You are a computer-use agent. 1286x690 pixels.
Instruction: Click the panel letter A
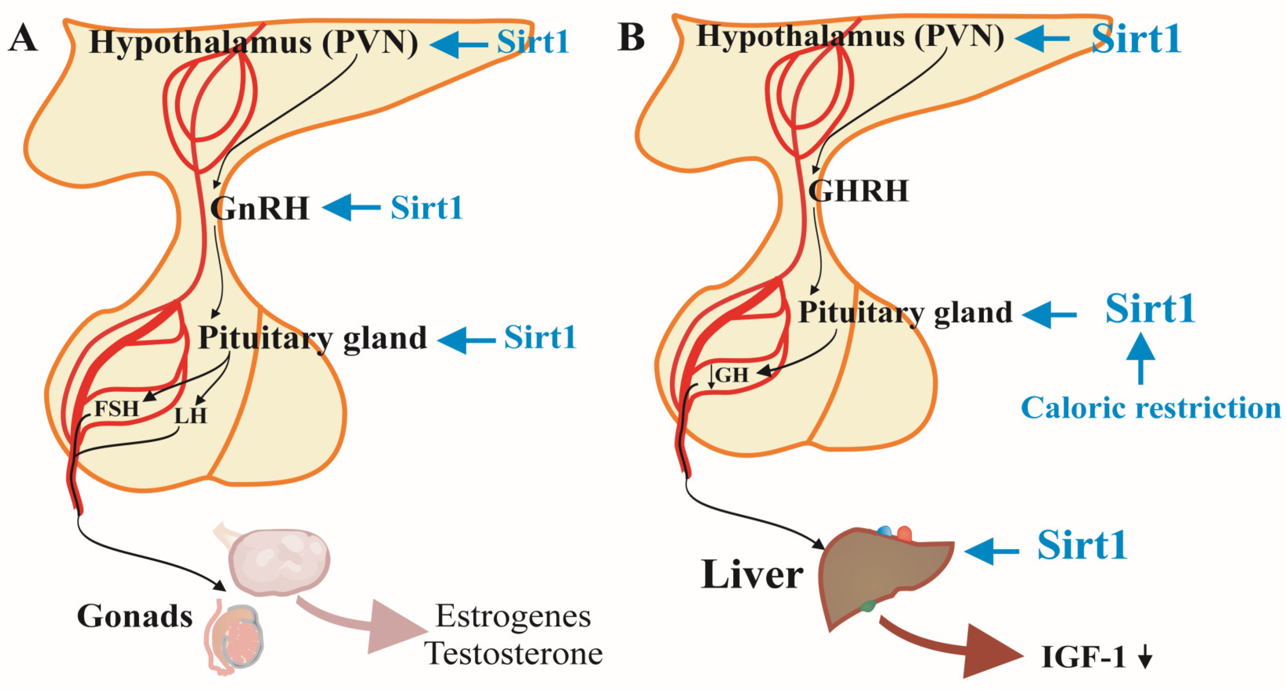[23, 39]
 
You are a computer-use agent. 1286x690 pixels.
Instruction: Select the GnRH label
[260, 208]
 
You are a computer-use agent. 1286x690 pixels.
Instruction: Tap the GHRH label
[858, 190]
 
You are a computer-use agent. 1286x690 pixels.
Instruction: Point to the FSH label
[116, 409]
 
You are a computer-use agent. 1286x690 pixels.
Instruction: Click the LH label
[190, 415]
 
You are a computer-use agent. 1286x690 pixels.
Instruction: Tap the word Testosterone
[514, 654]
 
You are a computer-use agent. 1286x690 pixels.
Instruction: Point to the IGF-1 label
[1083, 658]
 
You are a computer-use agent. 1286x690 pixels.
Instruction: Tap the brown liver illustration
[878, 579]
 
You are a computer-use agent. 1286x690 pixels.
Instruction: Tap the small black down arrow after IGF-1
[1145, 659]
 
